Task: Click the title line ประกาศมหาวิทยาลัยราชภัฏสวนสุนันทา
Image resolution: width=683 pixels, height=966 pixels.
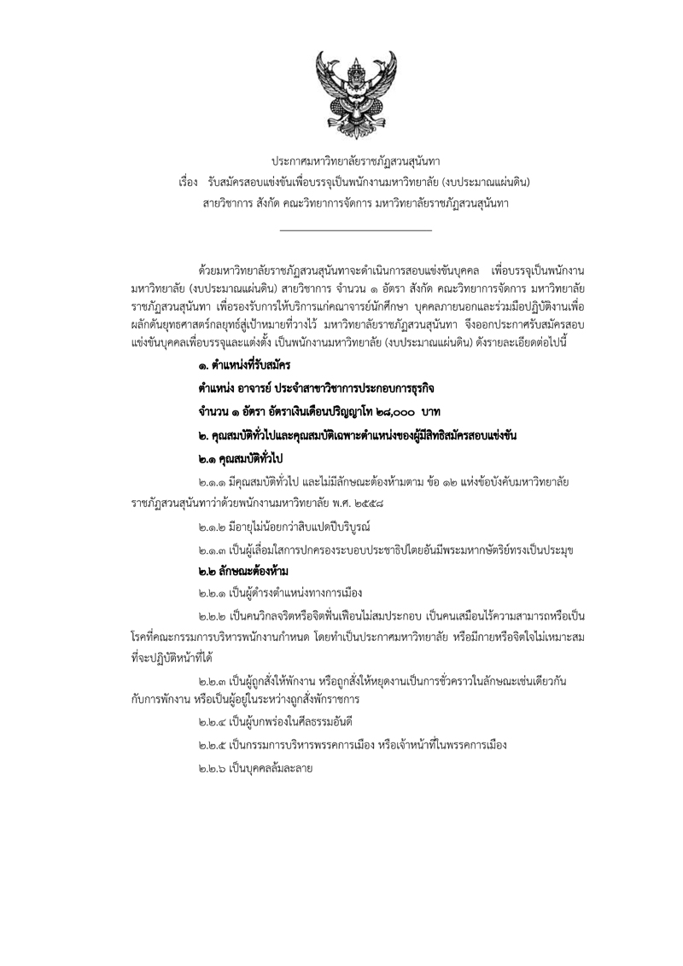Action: point(355,160)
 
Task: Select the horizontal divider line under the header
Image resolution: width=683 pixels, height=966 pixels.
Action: point(355,230)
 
